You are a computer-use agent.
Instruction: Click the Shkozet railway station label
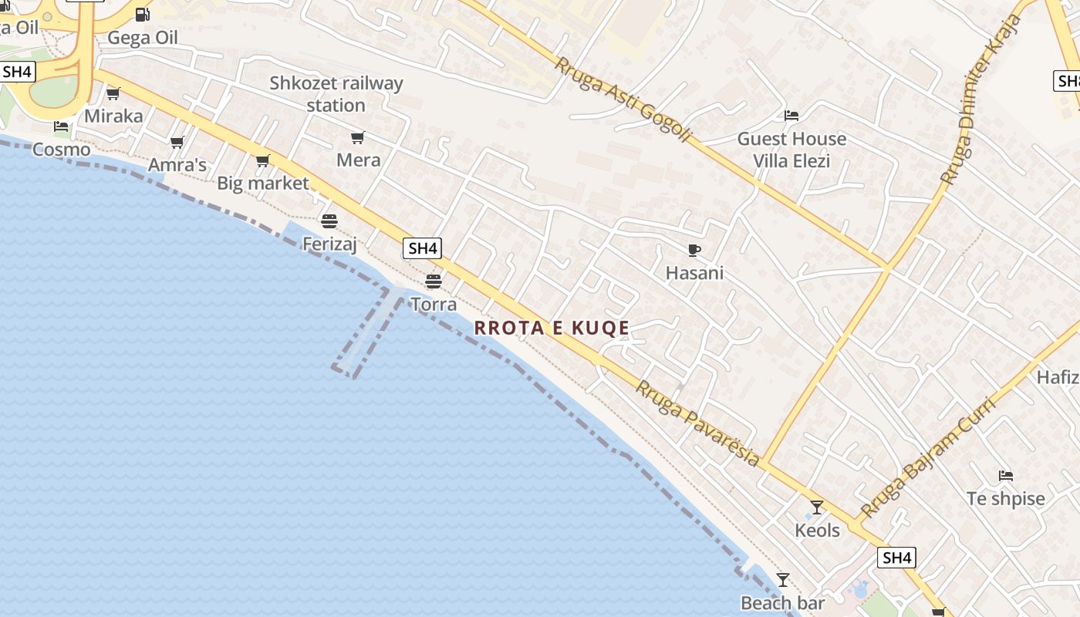[x=336, y=94]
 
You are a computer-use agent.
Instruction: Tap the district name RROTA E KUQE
[x=552, y=328]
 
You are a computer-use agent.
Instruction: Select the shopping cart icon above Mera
[x=357, y=138]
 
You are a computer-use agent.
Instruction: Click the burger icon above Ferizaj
[x=329, y=222]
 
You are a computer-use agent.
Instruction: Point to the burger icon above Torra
[x=434, y=281]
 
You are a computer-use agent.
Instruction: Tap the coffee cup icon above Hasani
[x=694, y=250]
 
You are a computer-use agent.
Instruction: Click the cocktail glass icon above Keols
[x=817, y=507]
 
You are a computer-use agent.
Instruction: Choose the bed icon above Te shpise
[x=1005, y=475]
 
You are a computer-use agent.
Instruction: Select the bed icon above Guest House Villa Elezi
[x=791, y=116]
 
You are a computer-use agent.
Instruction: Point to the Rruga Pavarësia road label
[x=697, y=423]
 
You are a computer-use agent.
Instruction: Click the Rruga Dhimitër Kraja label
[x=980, y=100]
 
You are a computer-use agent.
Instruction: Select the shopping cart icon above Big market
[x=263, y=160]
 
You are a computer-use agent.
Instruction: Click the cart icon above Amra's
[x=177, y=142]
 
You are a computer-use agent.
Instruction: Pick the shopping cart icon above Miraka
[x=113, y=94]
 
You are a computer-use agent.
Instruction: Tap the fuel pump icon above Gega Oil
[x=143, y=14]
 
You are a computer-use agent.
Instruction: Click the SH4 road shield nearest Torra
[x=422, y=248]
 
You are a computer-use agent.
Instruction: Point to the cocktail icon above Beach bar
[x=783, y=580]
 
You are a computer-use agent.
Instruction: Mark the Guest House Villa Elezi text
[x=791, y=150]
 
